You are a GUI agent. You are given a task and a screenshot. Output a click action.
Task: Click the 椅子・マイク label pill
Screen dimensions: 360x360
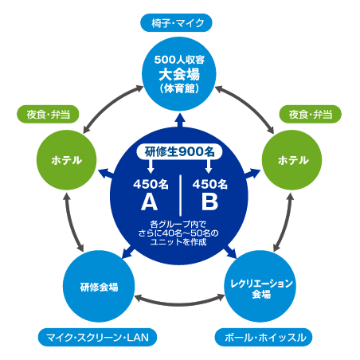pyautogui.click(x=176, y=23)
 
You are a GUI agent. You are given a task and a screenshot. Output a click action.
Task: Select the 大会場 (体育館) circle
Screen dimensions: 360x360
pyautogui.click(x=179, y=74)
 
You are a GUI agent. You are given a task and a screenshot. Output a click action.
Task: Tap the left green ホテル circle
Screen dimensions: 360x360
pyautogui.click(x=66, y=160)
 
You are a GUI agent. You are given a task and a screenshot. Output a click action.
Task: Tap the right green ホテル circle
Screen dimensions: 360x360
pyautogui.click(x=292, y=160)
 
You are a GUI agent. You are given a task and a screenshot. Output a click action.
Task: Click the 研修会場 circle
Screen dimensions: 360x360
pyautogui.click(x=99, y=287)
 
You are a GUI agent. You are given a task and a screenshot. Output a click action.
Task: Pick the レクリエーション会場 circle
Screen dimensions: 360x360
pyautogui.click(x=260, y=287)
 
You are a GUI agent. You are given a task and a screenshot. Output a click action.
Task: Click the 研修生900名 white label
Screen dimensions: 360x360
pyautogui.click(x=179, y=152)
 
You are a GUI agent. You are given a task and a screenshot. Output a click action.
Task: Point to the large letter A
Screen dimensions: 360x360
pyautogui.click(x=150, y=202)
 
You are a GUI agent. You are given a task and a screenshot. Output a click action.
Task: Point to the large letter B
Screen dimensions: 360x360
pyautogui.click(x=209, y=202)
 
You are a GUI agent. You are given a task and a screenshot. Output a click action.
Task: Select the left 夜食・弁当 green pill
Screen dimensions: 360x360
pyautogui.click(x=48, y=115)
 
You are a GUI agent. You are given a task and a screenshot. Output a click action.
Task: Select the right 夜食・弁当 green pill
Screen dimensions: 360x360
pyautogui.click(x=311, y=115)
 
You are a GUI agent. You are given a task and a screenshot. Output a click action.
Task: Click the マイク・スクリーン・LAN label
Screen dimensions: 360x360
pyautogui.click(x=97, y=338)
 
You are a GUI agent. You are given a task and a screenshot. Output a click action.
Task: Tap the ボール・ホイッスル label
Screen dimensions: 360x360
pyautogui.click(x=264, y=338)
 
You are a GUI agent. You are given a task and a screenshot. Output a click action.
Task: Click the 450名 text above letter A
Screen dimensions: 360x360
pyautogui.click(x=151, y=184)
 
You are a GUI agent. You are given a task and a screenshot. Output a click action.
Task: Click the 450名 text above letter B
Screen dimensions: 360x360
pyautogui.click(x=210, y=184)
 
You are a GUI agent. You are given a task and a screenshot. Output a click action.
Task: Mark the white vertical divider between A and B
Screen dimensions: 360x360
pyautogui.click(x=181, y=195)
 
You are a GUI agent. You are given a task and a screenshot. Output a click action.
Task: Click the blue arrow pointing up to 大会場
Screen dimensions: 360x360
pyautogui.click(x=181, y=120)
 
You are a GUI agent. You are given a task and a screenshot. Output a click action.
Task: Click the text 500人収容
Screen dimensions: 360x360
pyautogui.click(x=179, y=60)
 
